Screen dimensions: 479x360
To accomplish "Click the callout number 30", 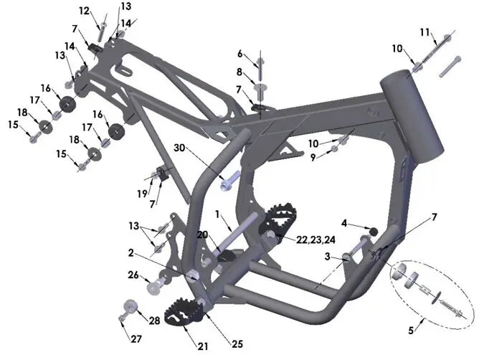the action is tap(179, 148).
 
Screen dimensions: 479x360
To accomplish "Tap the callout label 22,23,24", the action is tap(316, 240).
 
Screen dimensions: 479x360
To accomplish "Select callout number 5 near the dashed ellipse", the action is tap(411, 331).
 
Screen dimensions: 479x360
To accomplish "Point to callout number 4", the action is tap(344, 224).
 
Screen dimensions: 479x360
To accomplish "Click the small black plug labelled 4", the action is tap(374, 232).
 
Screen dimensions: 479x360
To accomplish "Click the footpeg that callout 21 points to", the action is tap(183, 312).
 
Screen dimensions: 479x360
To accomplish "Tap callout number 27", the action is tap(136, 339).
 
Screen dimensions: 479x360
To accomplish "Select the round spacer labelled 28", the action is tap(131, 306).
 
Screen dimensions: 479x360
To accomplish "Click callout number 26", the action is tap(133, 275).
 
